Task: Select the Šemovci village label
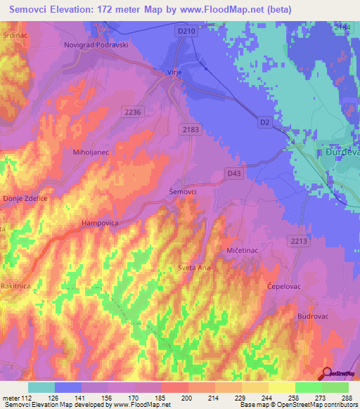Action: click(184, 191)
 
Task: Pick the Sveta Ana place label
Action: click(193, 268)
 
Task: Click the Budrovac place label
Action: click(314, 317)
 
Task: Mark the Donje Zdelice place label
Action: click(25, 199)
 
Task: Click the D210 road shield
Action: click(185, 31)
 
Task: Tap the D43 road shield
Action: click(234, 172)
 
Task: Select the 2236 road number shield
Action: click(132, 112)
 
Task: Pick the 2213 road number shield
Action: click(299, 242)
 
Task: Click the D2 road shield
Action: click(264, 122)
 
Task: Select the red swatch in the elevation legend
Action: click(175, 387)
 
